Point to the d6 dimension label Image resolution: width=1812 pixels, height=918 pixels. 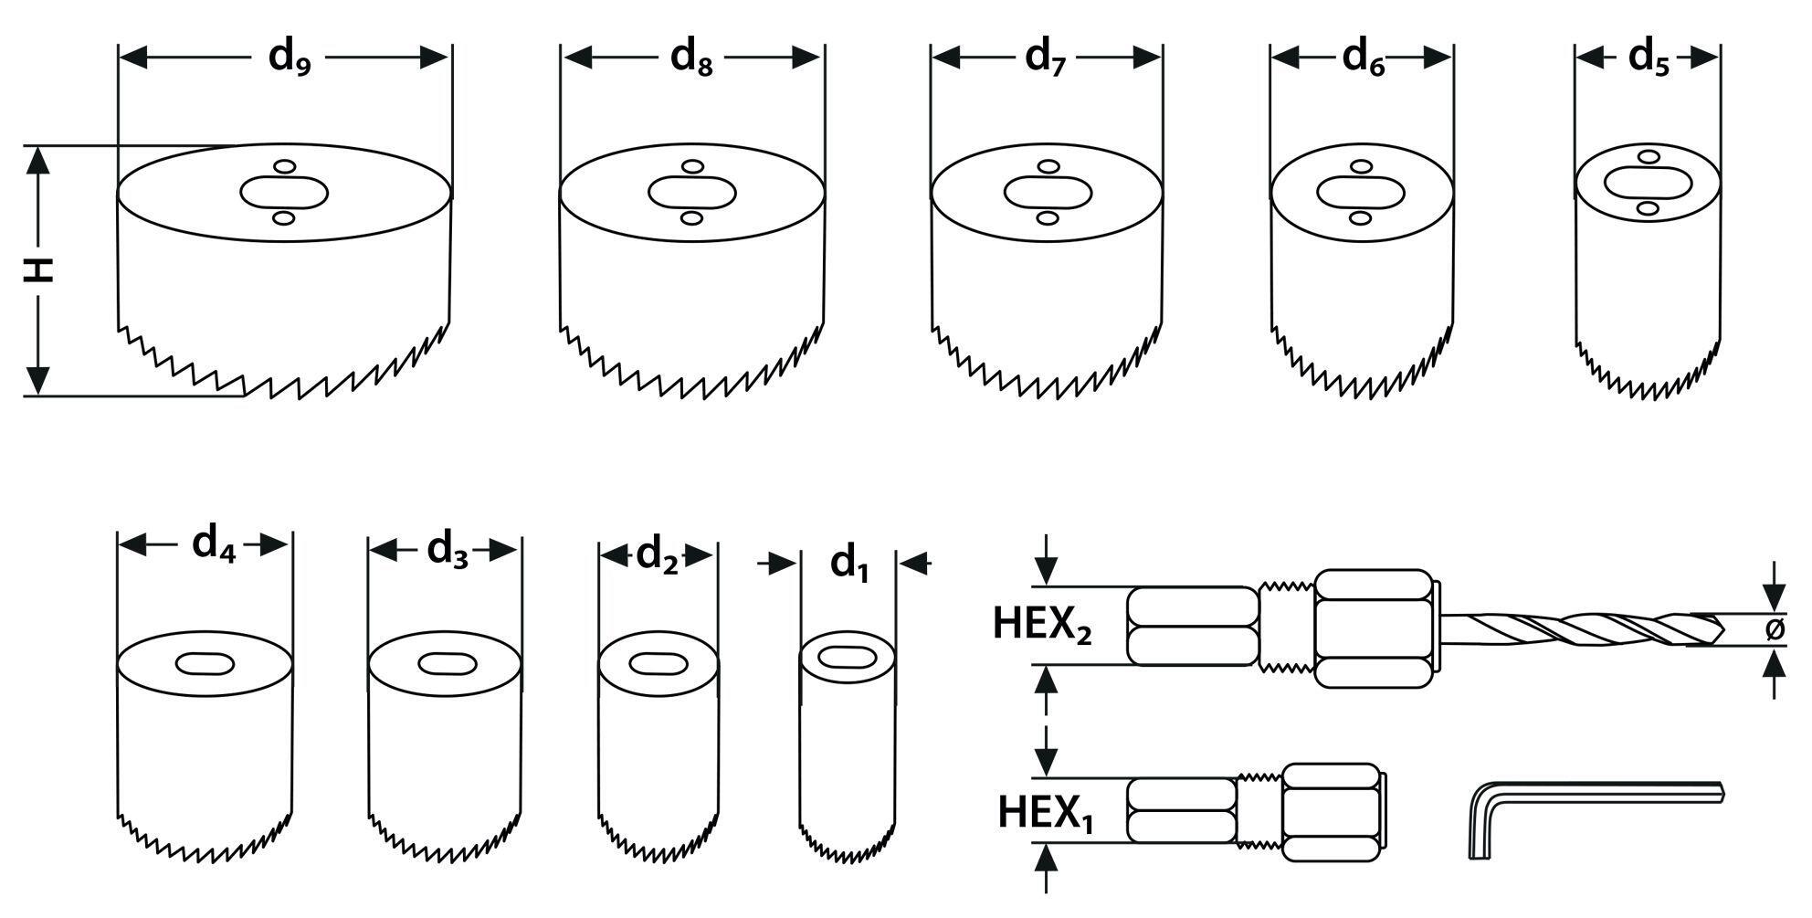point(1363,58)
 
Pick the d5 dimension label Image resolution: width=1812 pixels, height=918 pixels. point(1649,58)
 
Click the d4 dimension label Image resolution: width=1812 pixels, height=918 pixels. point(214,545)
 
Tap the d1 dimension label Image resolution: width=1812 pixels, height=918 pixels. point(848,564)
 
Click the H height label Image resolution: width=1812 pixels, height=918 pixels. point(38,270)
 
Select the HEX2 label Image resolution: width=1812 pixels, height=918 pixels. point(1042,627)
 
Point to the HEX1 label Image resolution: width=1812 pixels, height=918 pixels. point(1045,813)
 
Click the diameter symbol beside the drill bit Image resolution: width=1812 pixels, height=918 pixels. point(1775,628)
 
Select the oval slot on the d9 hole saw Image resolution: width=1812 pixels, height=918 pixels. point(284,193)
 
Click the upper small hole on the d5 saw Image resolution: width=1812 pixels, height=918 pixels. point(1649,157)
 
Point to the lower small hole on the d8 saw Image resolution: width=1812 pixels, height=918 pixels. point(692,218)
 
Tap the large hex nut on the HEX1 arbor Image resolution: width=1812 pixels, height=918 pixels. point(1330,812)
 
